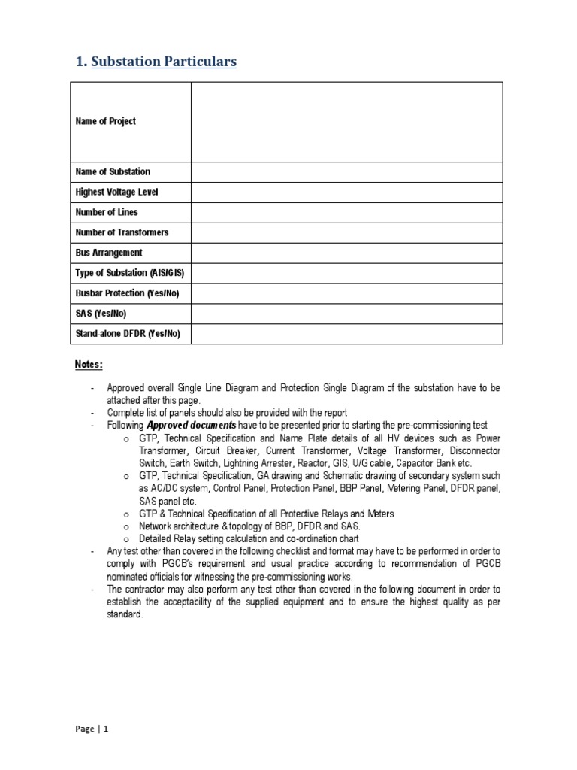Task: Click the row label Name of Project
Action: click(x=105, y=121)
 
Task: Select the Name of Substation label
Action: click(x=113, y=171)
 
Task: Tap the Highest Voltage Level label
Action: click(x=116, y=192)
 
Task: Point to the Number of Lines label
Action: click(x=107, y=212)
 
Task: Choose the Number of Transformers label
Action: click(x=122, y=232)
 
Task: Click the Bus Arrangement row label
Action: click(x=108, y=253)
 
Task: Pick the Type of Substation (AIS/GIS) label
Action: click(x=128, y=273)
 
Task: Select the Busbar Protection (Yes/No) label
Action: click(x=128, y=293)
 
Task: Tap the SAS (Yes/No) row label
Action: click(x=101, y=314)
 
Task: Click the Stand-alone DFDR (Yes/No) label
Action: click(x=128, y=334)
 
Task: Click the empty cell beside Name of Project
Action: click(x=346, y=122)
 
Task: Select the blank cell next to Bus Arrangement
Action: click(x=346, y=253)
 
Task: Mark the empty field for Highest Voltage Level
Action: click(x=346, y=192)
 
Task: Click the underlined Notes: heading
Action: click(x=89, y=364)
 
